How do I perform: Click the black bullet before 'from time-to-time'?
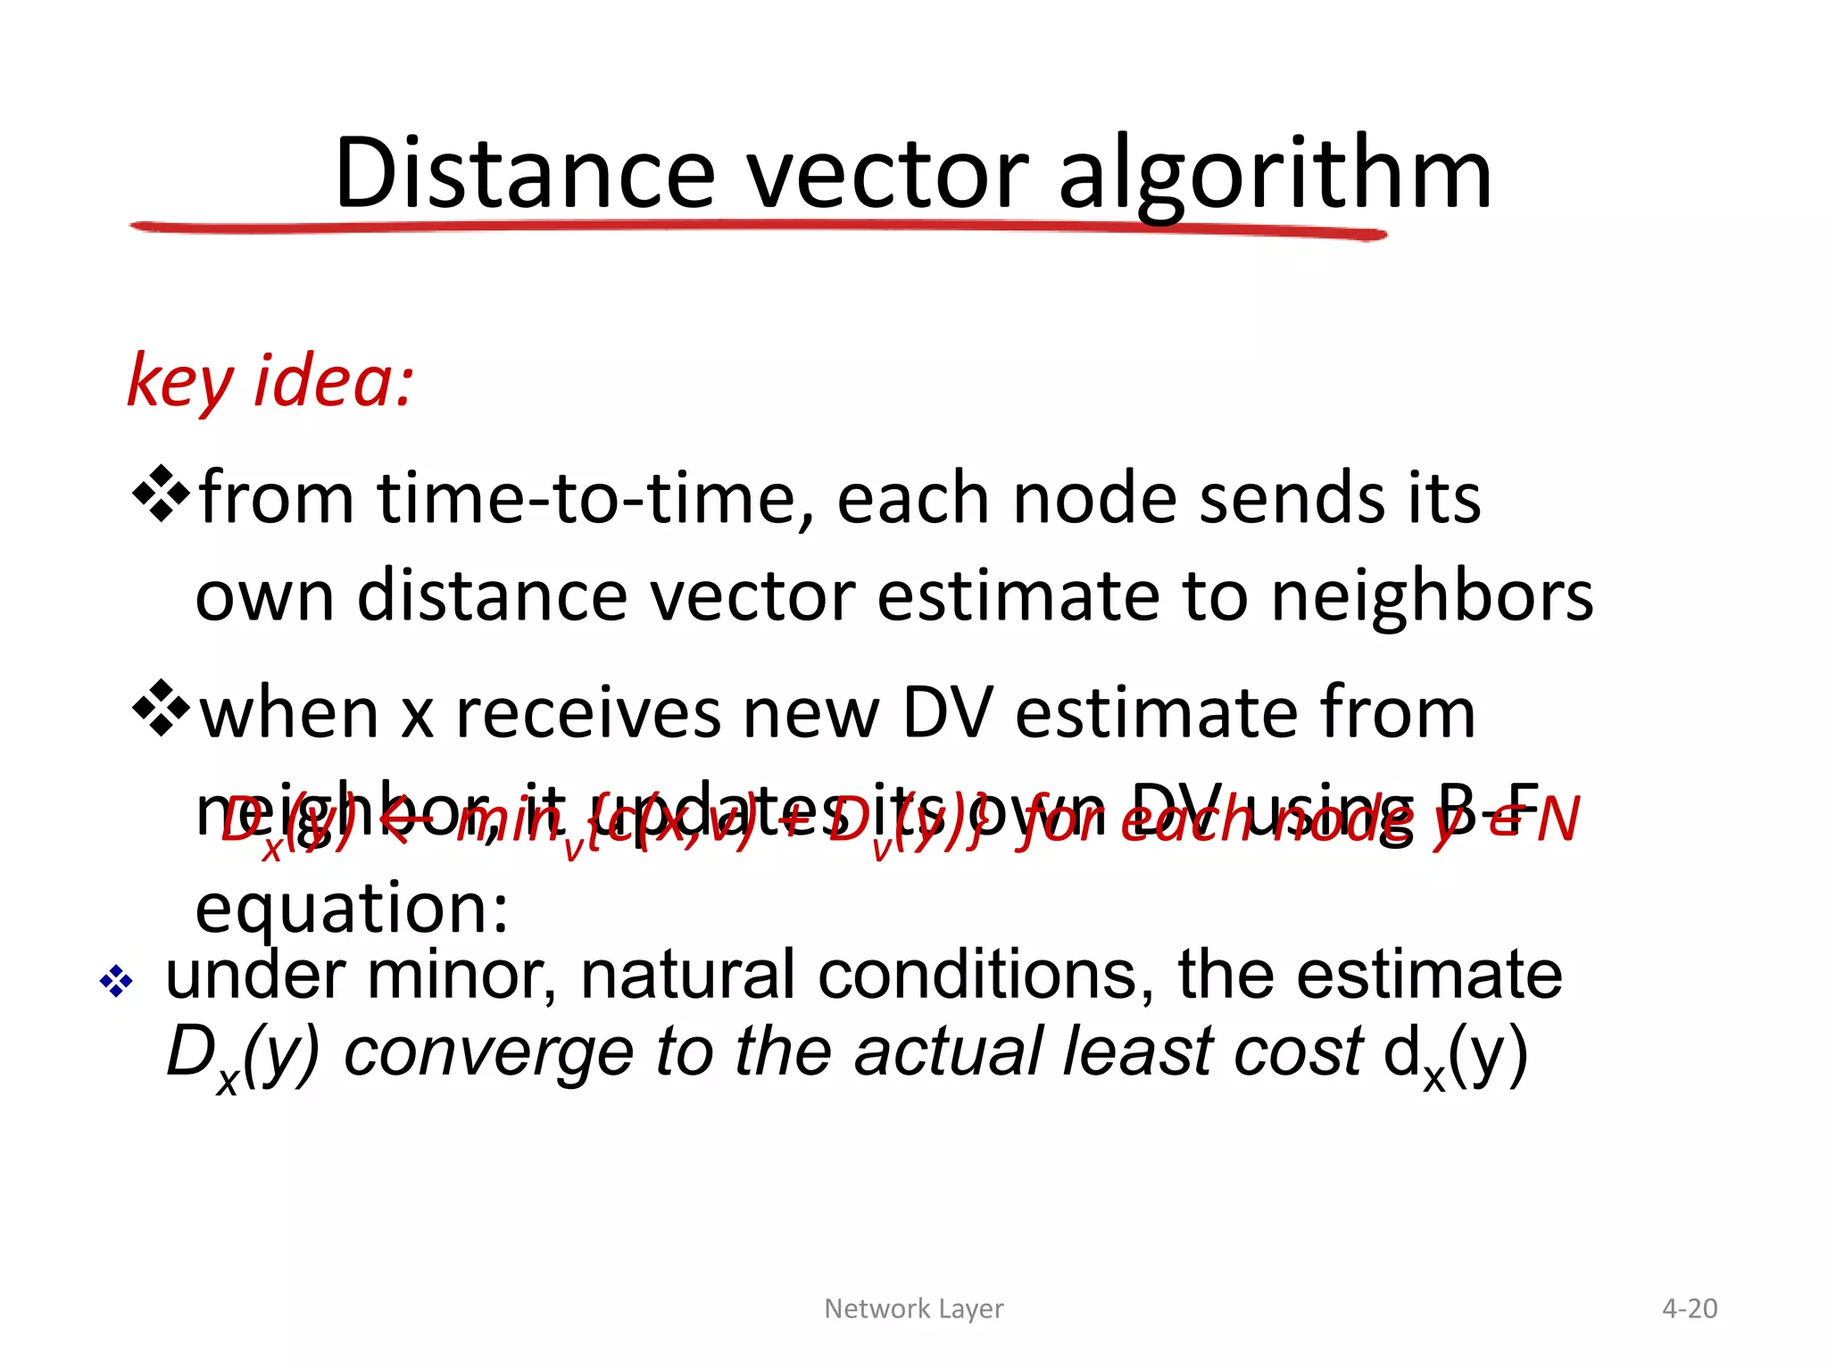point(162,493)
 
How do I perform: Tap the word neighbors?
point(1432,596)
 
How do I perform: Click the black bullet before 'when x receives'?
point(162,709)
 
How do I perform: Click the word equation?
point(352,909)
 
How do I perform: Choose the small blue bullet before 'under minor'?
point(116,982)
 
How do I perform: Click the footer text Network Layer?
point(913,1309)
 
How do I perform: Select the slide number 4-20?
point(1689,1309)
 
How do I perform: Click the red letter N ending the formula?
point(1558,819)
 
